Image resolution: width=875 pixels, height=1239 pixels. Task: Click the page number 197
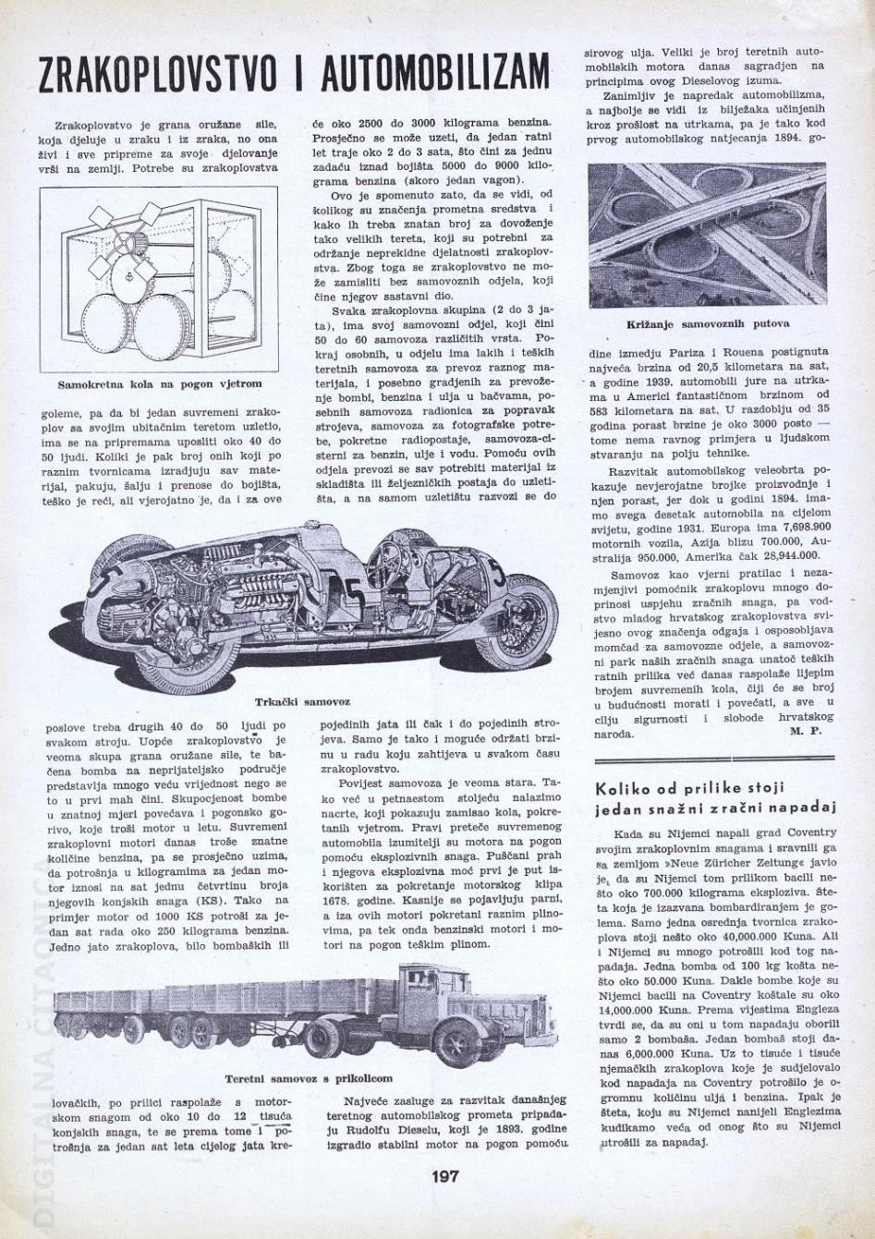(444, 1177)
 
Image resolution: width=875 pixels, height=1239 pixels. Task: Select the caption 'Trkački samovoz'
(301, 703)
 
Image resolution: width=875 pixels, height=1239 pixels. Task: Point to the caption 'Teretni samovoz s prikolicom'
(308, 1078)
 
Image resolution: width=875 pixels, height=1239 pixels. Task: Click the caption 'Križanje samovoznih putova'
(708, 324)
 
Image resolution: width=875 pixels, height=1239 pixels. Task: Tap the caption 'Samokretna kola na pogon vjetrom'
(159, 383)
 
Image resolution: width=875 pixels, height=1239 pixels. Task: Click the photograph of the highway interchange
(707, 236)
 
